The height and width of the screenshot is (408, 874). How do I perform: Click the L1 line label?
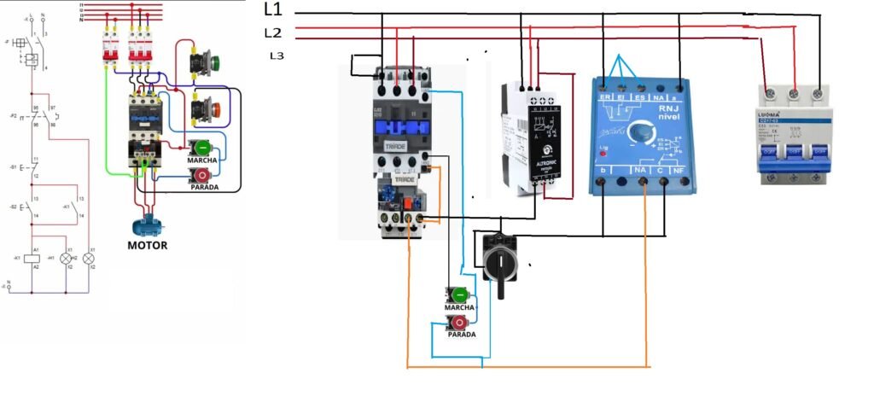click(x=274, y=10)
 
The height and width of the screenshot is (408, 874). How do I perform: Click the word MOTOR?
click(x=147, y=245)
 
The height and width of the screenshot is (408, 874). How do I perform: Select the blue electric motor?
click(x=147, y=226)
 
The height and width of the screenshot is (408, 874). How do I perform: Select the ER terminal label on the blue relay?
click(x=605, y=98)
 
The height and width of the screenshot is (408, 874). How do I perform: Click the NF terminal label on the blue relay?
click(x=679, y=171)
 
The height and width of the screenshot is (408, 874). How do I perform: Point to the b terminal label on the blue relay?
click(x=603, y=172)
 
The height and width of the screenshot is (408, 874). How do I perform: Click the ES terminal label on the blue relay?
click(x=639, y=98)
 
